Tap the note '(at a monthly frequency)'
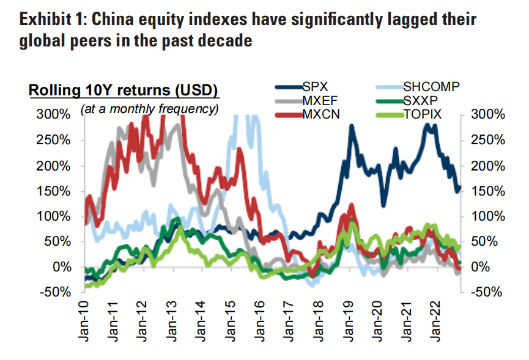point(150,109)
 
